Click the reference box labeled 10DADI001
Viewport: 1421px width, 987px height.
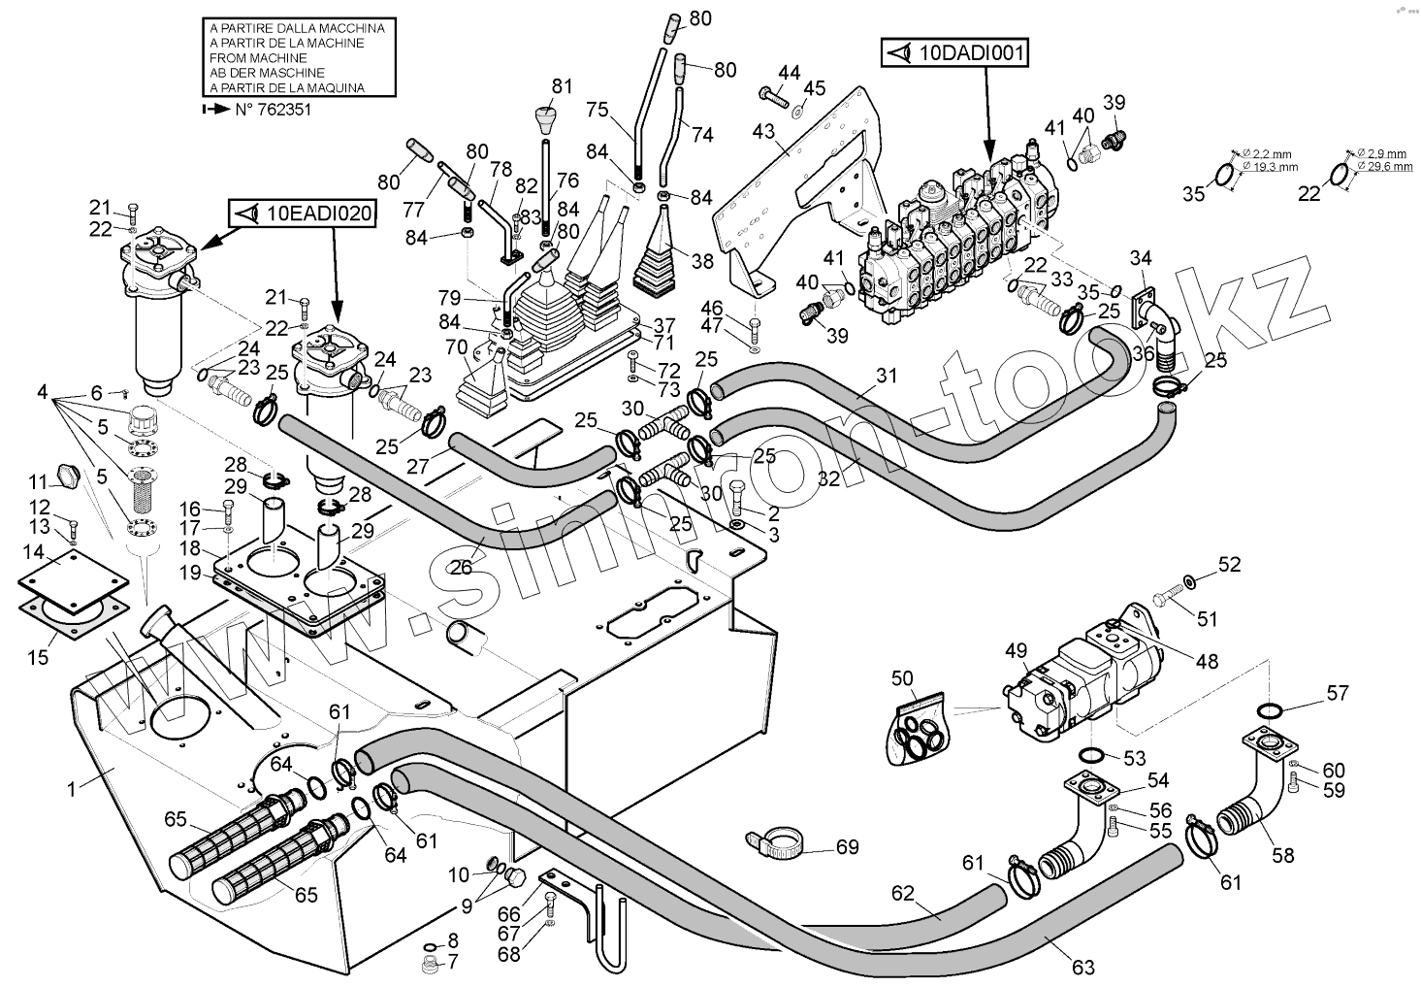953,54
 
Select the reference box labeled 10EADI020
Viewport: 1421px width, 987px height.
302,214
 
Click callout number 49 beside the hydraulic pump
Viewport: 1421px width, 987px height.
1016,649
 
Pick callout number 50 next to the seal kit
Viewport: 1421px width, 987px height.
902,676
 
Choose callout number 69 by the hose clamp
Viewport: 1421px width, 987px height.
847,847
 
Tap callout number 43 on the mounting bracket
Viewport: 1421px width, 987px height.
763,130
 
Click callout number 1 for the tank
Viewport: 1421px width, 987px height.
71,789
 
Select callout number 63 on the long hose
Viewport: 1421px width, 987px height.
1083,967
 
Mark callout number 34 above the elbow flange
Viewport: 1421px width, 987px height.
1141,257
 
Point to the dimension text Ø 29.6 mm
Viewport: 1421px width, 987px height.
1387,166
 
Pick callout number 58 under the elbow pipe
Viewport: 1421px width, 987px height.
1282,855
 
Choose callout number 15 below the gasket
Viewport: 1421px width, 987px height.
37,657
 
